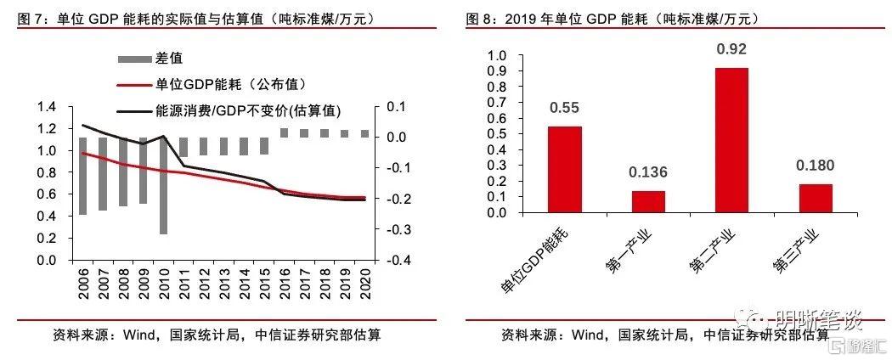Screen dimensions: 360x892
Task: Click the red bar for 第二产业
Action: pyautogui.click(x=731, y=140)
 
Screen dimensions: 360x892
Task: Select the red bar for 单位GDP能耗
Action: pyautogui.click(x=565, y=170)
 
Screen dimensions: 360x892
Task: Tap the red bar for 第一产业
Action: pyautogui.click(x=648, y=202)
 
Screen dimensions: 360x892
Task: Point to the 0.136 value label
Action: pyautogui.click(x=648, y=173)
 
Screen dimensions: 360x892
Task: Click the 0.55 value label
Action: pyautogui.click(x=565, y=108)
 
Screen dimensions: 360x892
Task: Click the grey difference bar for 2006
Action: pyautogui.click(x=83, y=176)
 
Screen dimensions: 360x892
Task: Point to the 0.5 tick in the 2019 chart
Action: pyautogui.click(x=499, y=134)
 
